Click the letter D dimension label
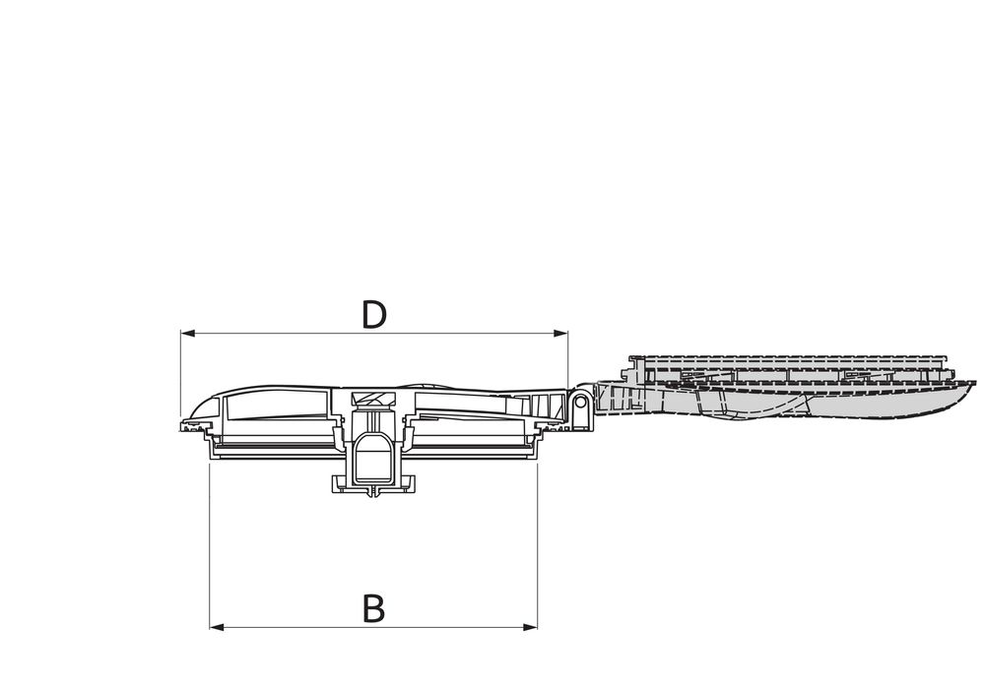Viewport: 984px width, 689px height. (374, 315)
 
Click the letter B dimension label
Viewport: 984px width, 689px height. (374, 608)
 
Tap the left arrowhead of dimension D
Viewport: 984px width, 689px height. (187, 334)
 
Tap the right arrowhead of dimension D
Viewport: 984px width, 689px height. (560, 334)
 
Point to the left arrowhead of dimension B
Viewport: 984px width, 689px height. (217, 627)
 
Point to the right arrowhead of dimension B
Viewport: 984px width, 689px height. (530, 627)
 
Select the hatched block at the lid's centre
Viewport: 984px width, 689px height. (373, 400)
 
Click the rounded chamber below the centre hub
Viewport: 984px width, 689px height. (373, 459)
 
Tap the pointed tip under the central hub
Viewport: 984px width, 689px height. (373, 495)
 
